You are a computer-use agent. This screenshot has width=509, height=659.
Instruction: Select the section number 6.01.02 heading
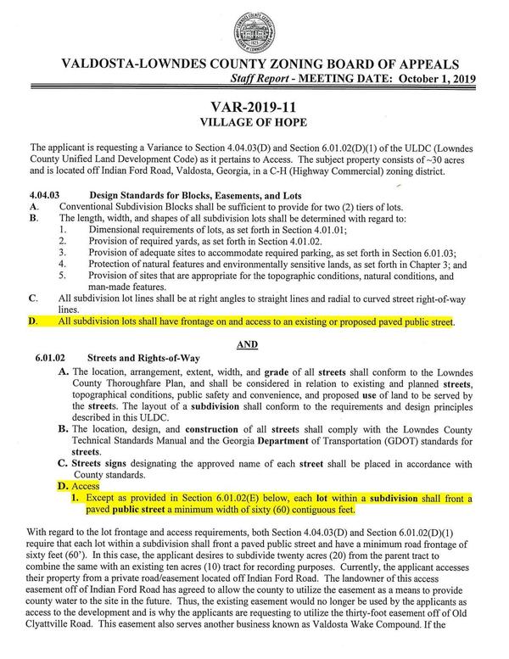(x=53, y=358)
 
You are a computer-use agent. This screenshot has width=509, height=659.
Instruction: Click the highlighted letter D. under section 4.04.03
(x=33, y=322)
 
